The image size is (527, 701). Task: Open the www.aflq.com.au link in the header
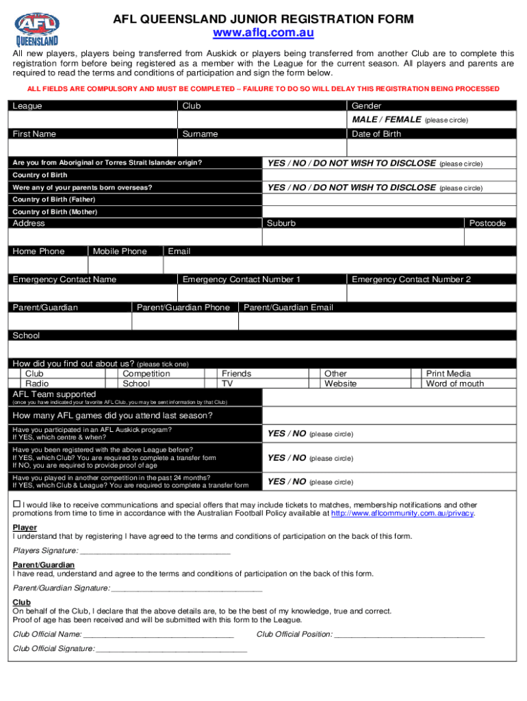[263, 33]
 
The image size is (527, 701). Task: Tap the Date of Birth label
[376, 134]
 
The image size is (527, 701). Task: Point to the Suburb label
[281, 223]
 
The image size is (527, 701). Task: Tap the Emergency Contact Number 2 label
[411, 279]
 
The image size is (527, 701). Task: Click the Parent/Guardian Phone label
[183, 307]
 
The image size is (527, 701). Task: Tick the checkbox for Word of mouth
[415, 384]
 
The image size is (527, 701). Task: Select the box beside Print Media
[415, 374]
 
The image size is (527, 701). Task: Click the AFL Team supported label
[54, 394]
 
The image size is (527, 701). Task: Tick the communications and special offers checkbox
[17, 505]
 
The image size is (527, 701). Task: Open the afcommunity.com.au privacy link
[402, 513]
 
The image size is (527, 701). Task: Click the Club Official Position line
[409, 634]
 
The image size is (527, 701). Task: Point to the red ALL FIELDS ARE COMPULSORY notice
[263, 89]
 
